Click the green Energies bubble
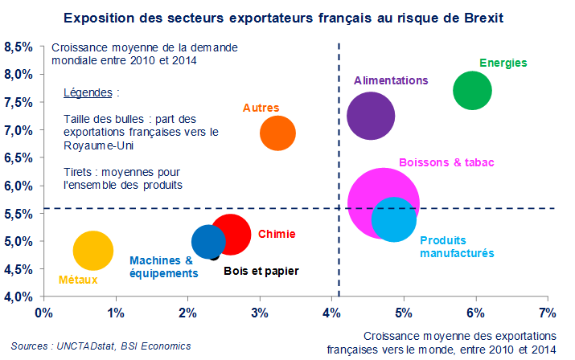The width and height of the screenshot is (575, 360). coord(471,90)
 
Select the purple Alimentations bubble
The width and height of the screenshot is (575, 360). coord(370,116)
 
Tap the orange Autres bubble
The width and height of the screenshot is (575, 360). coord(277,133)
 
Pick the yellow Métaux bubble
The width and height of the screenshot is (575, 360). coord(93,251)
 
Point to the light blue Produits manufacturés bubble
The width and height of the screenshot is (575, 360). coord(393,219)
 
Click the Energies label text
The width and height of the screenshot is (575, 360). coord(503,62)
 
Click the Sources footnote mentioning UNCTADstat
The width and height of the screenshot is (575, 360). coord(101,346)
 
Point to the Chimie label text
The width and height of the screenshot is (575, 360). coord(277,235)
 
